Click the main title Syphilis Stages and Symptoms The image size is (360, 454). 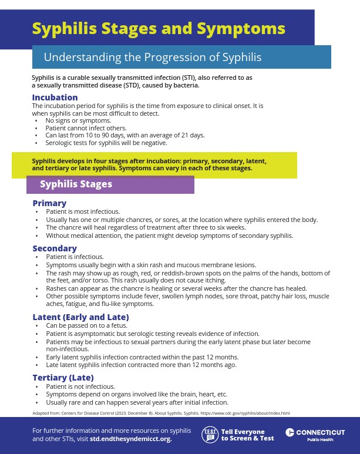pyautogui.click(x=159, y=28)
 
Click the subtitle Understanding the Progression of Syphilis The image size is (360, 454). pyautogui.click(x=153, y=57)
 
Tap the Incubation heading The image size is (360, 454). pyautogui.click(x=55, y=97)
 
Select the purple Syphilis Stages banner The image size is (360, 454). pyautogui.click(x=110, y=184)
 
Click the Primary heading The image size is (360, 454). pyautogui.click(x=49, y=203)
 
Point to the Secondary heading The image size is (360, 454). pyautogui.click(x=55, y=248)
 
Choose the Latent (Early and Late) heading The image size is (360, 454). pyautogui.click(x=80, y=317)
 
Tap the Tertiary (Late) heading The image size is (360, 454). pyautogui.click(x=63, y=378)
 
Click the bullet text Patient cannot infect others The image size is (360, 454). pyautogui.click(x=86, y=128)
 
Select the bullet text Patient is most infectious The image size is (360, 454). pyautogui.click(x=83, y=211)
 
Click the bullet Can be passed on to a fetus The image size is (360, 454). pyautogui.click(x=87, y=325)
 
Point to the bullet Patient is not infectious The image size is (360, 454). pyautogui.click(x=80, y=386)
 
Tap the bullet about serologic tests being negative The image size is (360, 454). pyautogui.click(x=106, y=143)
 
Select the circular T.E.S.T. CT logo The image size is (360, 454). pyautogui.click(x=210, y=435)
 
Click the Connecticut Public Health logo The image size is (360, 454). pyautogui.click(x=315, y=435)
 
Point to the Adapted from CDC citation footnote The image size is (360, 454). pyautogui.click(x=161, y=413)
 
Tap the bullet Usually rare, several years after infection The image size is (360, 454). pyautogui.click(x=137, y=402)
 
